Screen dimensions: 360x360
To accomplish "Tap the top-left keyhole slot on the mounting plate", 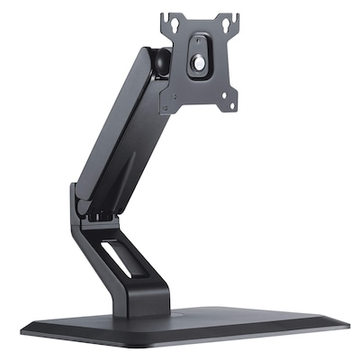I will click(171, 20).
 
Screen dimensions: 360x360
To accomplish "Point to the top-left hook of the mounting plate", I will click(167, 16).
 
